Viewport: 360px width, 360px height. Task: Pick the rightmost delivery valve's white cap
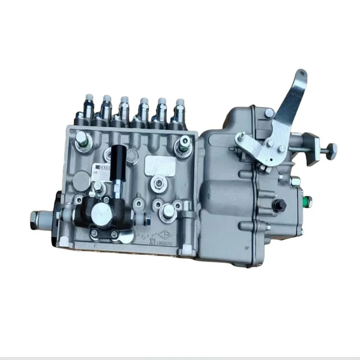point(180,104)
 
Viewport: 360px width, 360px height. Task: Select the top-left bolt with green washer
point(82,141)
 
